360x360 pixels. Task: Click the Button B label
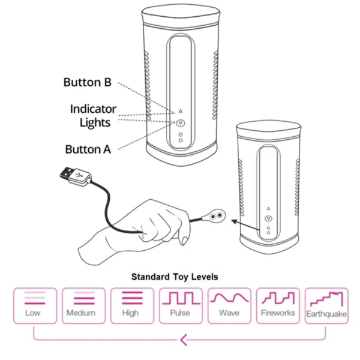(87, 82)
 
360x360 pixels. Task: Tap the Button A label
(88, 149)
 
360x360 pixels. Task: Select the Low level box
(35, 305)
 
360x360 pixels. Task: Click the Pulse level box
(180, 305)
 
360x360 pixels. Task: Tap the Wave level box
(229, 305)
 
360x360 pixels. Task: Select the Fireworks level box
(277, 305)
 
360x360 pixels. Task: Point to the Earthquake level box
(326, 305)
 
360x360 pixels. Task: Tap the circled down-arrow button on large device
(181, 123)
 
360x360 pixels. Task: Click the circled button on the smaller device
(268, 220)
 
